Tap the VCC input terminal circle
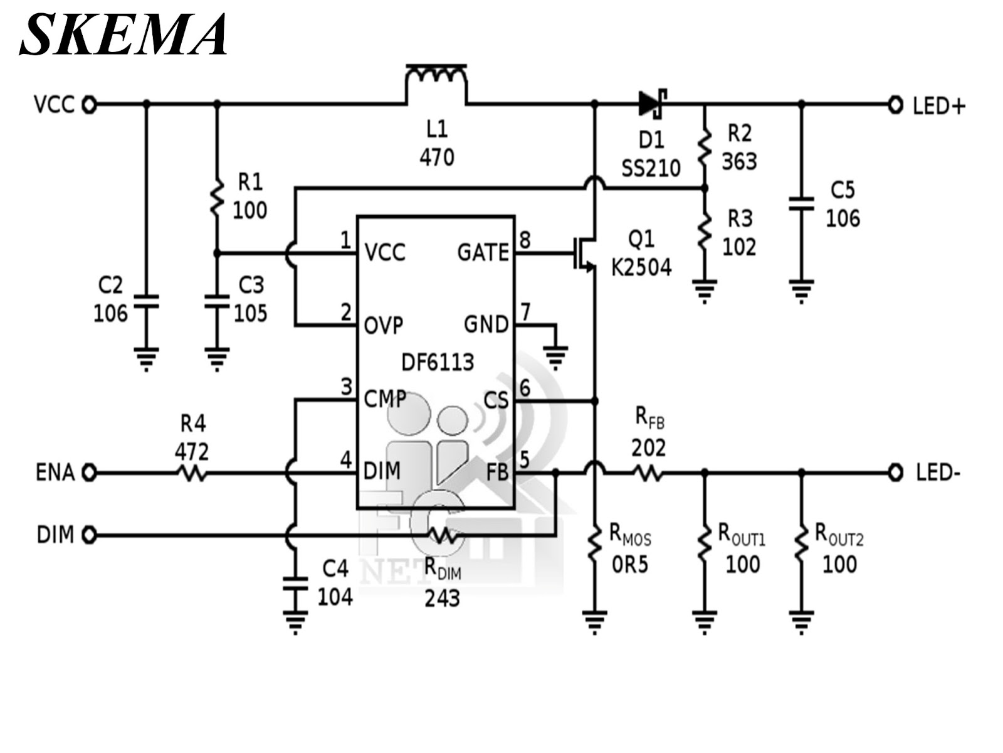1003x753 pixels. click(x=90, y=104)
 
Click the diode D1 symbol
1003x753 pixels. click(x=653, y=103)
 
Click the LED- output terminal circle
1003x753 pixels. click(x=895, y=472)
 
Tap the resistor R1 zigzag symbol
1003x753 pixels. click(x=217, y=197)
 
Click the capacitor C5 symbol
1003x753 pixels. click(x=801, y=203)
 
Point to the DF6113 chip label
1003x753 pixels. click(x=438, y=362)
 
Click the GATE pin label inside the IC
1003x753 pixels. click(x=483, y=253)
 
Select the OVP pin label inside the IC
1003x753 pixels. click(x=384, y=326)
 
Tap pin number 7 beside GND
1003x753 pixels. click(x=525, y=312)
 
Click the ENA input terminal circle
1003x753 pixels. click(x=90, y=472)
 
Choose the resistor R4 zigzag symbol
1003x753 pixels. click(x=192, y=472)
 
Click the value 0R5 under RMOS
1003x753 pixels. click(x=630, y=565)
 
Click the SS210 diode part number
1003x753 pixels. click(x=651, y=168)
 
